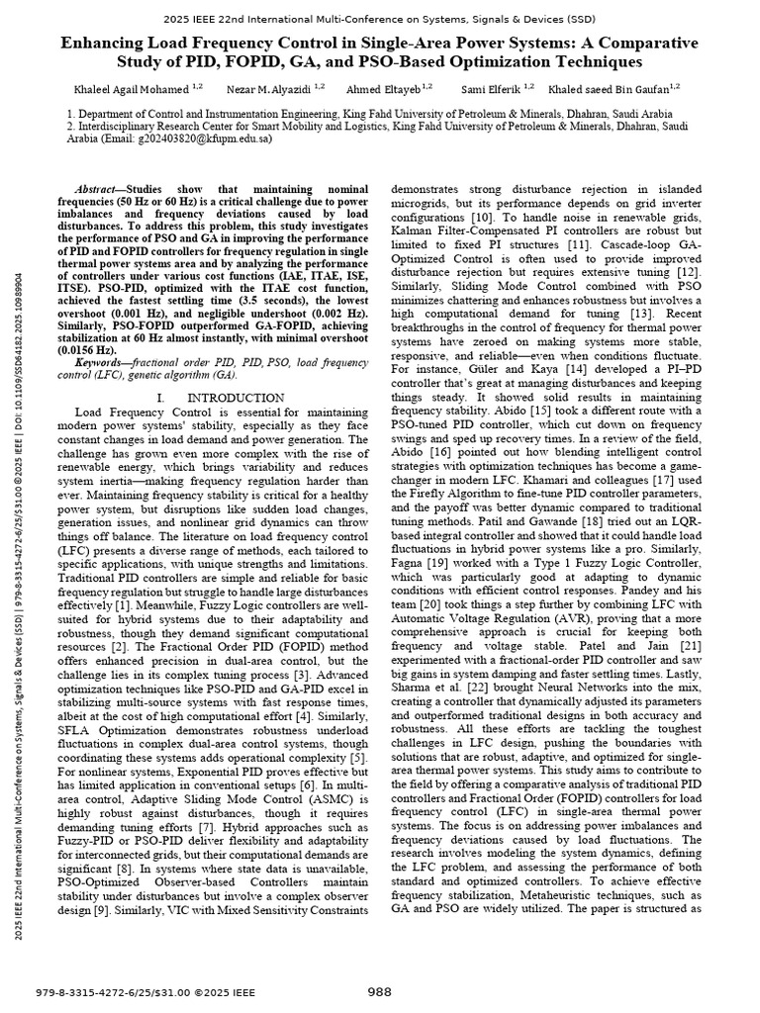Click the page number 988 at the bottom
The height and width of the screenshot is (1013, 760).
(380, 991)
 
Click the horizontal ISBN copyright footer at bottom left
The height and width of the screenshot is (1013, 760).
(145, 992)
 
